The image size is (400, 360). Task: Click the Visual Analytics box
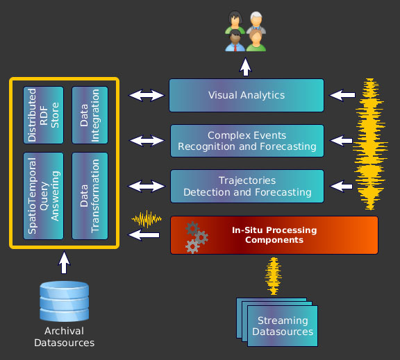coord(247,95)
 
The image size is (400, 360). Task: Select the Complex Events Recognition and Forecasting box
coord(247,141)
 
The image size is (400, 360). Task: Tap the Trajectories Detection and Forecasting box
coord(247,186)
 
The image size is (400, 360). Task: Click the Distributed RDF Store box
coord(43,115)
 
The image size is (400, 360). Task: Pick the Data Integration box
coord(90,115)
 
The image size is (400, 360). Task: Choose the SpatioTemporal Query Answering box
coord(43,196)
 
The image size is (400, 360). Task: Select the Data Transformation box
coord(90,196)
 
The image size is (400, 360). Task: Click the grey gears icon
coord(197,237)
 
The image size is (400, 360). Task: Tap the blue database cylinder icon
coord(65,301)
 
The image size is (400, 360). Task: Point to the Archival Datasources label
coord(65,337)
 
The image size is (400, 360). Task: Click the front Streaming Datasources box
coord(283,326)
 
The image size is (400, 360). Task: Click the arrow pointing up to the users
coord(246,67)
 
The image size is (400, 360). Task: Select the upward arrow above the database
coord(64,262)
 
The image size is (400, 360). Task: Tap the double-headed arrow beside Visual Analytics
coord(147,95)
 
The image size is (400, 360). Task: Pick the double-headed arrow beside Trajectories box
coord(147,186)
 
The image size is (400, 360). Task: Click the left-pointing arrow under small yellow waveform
coord(144,234)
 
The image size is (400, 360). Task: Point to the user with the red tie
coord(235,41)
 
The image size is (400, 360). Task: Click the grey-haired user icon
coord(256,22)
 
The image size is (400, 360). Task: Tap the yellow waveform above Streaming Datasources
coord(274,276)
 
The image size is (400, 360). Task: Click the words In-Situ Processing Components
coord(274,235)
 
